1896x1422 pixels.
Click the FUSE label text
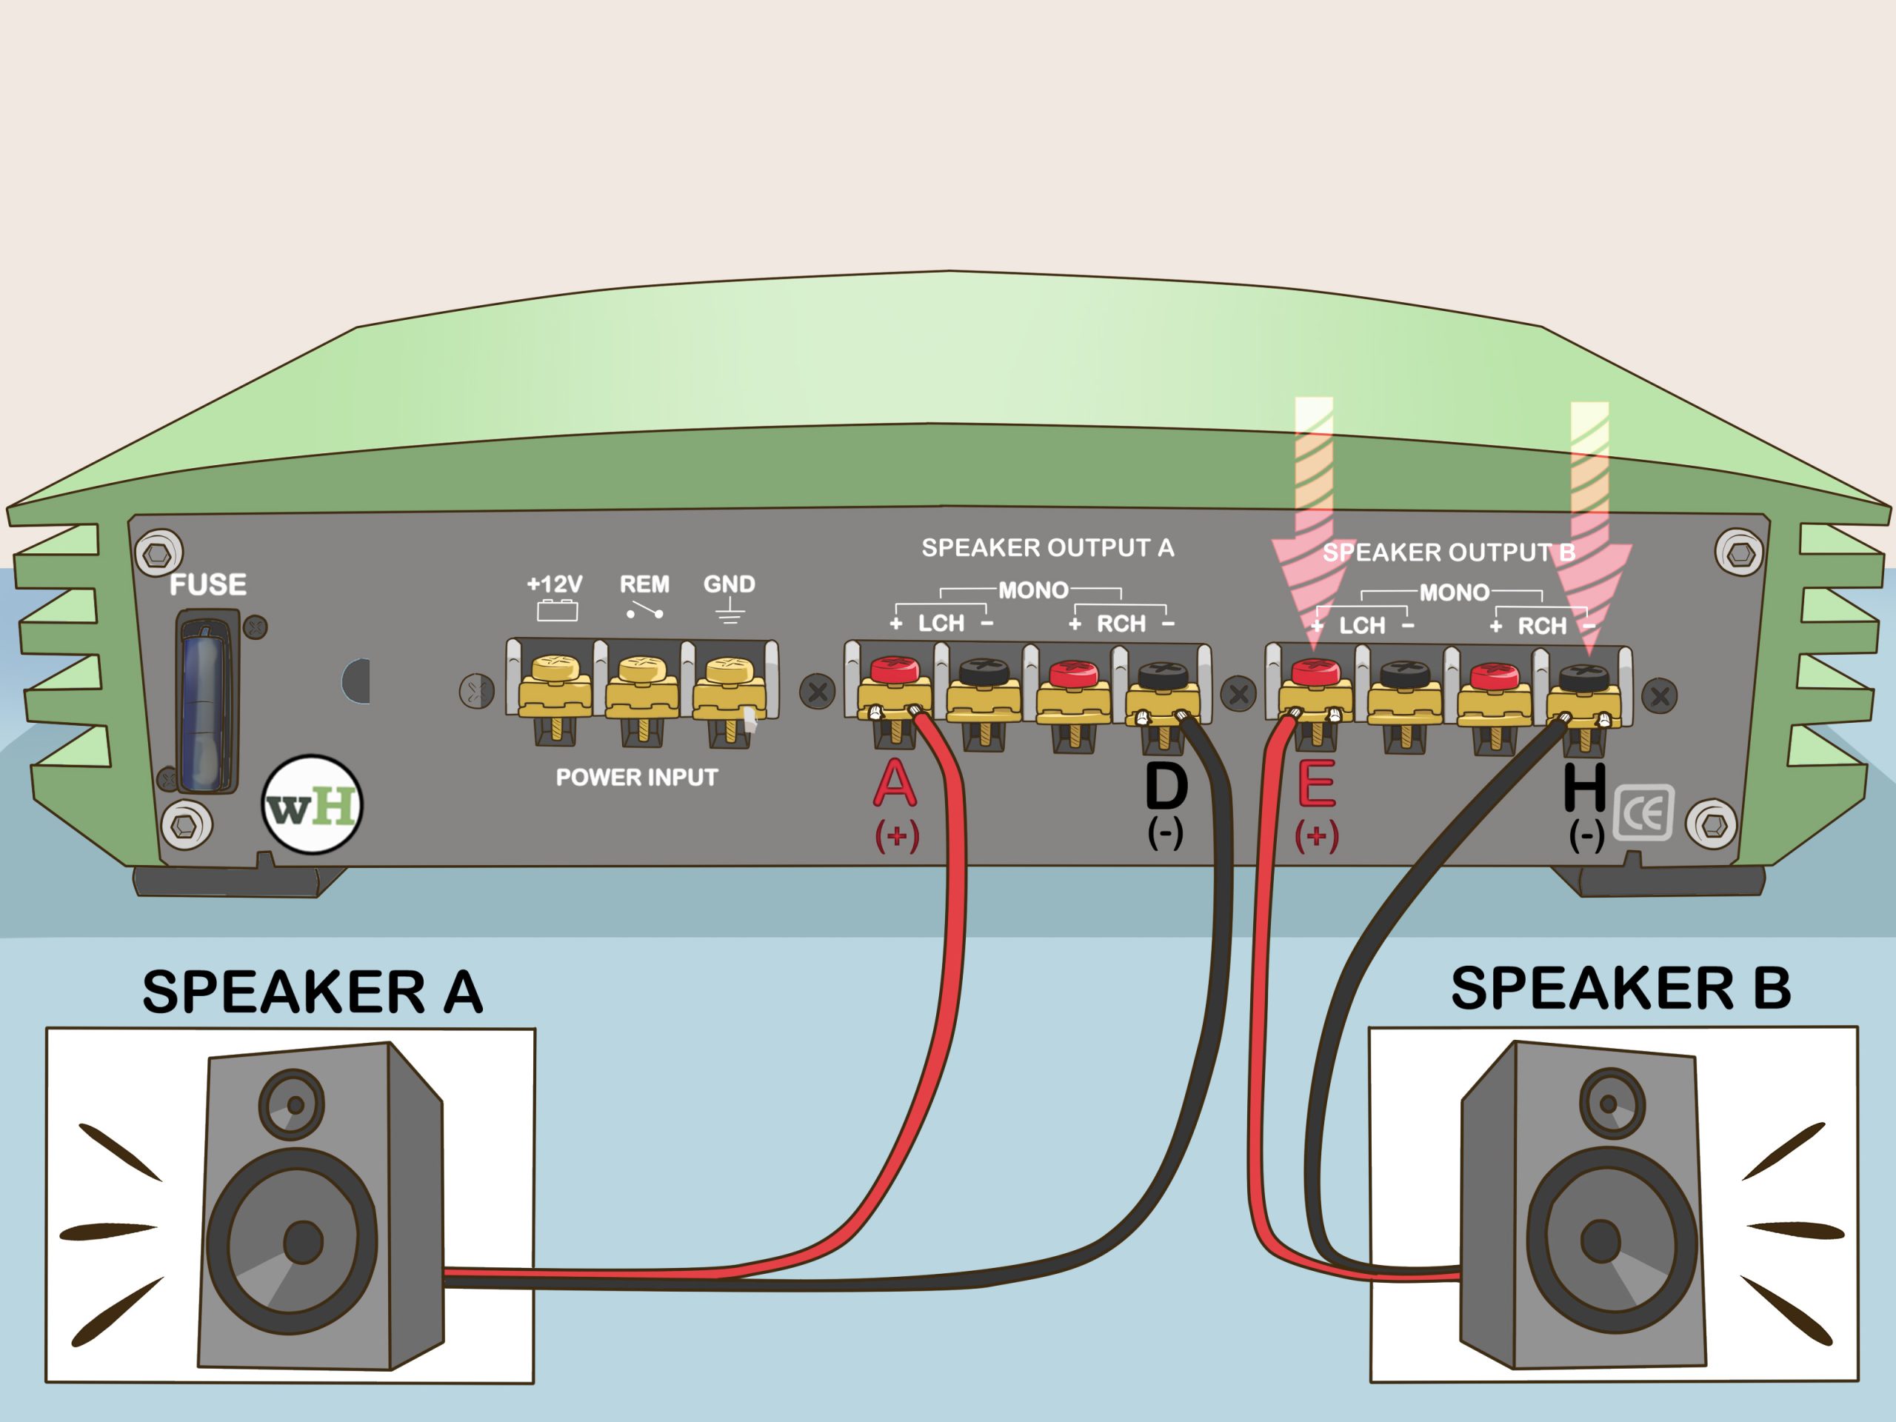click(x=208, y=584)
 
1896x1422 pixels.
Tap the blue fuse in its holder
click(x=205, y=699)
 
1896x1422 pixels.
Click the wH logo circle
click(x=312, y=805)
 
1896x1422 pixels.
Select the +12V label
click(x=554, y=584)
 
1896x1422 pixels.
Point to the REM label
click(x=644, y=584)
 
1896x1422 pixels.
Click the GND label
click(x=729, y=584)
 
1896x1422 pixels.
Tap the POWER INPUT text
click(x=636, y=778)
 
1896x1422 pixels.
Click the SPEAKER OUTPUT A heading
click(x=1047, y=548)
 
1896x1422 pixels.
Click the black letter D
click(x=1166, y=786)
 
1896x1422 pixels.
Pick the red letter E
click(x=1315, y=784)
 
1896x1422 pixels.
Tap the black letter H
click(x=1584, y=787)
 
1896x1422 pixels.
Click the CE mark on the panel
click(x=1643, y=812)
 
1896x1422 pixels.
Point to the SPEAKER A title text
click(x=313, y=992)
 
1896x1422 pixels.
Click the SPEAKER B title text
click(x=1620, y=988)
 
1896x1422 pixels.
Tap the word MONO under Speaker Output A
click(x=1033, y=590)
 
